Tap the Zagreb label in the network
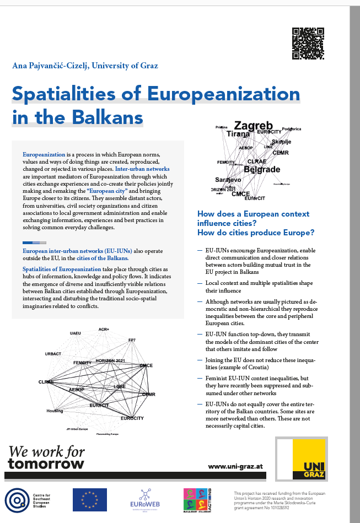tap(254, 126)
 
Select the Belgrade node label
tap(262, 170)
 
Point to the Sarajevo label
tap(228, 180)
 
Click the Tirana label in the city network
tap(238, 134)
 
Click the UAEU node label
tap(76, 333)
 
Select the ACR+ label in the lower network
tap(104, 330)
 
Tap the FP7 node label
tap(132, 339)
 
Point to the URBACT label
tap(53, 353)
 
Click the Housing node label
tap(55, 411)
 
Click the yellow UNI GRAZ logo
tap(309, 459)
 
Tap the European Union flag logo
tap(90, 499)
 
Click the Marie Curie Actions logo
tap(198, 499)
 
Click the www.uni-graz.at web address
tap(235, 466)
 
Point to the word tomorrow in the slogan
tap(46, 463)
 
